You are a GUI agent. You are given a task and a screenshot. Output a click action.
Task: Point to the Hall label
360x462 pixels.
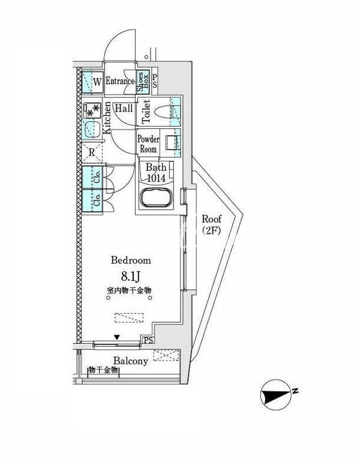(x=124, y=108)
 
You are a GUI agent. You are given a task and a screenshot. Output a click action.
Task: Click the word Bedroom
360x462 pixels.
(x=130, y=260)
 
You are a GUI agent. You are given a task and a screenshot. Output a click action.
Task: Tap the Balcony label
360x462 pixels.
(x=131, y=361)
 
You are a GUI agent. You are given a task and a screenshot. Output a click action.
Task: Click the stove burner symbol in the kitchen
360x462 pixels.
(x=92, y=110)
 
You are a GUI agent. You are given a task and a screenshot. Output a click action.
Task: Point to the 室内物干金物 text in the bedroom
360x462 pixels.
(x=130, y=291)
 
